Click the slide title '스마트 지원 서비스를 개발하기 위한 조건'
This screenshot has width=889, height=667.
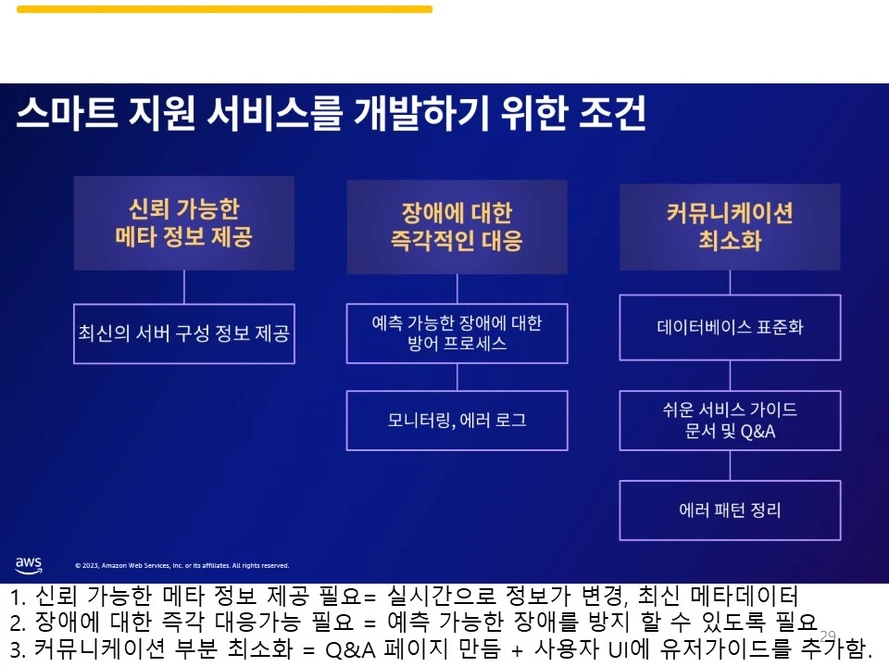[331, 115]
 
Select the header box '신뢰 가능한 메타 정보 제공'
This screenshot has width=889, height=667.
[183, 223]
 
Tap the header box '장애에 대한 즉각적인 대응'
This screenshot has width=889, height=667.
[457, 228]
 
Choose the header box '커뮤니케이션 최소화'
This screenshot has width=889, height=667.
[730, 227]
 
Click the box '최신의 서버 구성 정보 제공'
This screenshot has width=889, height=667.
[183, 333]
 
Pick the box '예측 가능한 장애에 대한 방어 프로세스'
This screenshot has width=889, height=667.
[457, 333]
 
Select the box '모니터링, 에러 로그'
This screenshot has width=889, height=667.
[457, 421]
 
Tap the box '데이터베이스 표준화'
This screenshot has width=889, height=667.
[730, 327]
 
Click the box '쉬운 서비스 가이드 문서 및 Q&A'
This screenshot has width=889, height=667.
[730, 421]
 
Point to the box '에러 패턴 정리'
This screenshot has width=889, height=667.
[730, 510]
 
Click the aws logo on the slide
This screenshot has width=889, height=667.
[29, 564]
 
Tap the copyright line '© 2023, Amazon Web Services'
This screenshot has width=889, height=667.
[182, 565]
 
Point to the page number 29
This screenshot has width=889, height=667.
[828, 636]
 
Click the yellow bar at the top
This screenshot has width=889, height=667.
[224, 9]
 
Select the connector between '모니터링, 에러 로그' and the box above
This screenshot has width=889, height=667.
[457, 377]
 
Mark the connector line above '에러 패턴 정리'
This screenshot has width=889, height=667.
[730, 466]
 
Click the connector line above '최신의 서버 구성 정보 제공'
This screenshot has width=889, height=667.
[183, 287]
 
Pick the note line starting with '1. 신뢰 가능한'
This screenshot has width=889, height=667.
[404, 596]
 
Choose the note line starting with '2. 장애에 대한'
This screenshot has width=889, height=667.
[413, 621]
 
